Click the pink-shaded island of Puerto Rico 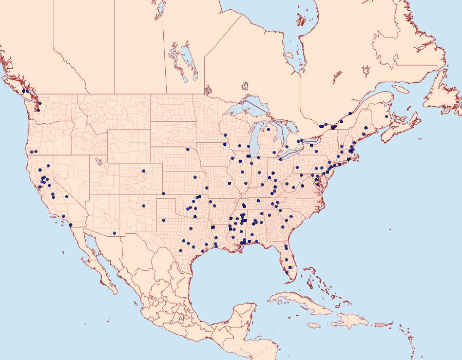click(380, 324)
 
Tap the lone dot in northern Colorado click(144, 171)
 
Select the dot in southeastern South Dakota click(188, 149)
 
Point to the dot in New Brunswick click(386, 117)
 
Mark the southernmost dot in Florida click(286, 272)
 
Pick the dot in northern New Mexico click(144, 206)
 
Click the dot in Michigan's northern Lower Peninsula click(268, 130)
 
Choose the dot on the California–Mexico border click(70, 225)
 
